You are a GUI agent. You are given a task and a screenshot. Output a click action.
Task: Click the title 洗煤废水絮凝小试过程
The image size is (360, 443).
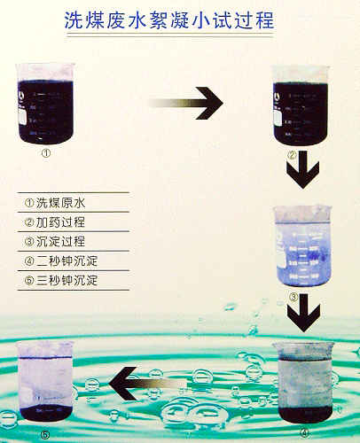pos(168,20)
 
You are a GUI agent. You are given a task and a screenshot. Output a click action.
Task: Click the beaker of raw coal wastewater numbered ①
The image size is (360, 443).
pos(45,104)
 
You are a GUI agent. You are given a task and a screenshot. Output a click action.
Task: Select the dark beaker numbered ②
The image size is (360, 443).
pos(300,105)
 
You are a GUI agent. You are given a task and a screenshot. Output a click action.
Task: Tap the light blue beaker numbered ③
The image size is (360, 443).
pos(302,246)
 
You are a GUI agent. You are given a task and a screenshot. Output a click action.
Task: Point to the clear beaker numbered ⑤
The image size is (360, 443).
pos(45,381)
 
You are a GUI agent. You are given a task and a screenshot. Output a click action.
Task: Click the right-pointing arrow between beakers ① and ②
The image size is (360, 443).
pos(185,103)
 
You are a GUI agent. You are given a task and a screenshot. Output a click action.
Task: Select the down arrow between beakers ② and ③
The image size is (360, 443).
pos(302,170)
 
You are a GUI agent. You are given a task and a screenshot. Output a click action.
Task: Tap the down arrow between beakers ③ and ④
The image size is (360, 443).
pos(303,313)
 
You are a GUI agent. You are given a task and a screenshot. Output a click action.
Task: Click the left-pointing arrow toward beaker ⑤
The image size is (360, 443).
pos(148,384)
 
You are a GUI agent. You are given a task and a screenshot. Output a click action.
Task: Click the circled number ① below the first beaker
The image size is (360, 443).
pos(46,153)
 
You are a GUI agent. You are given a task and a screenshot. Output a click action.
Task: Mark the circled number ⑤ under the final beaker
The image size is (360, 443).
pos(45,434)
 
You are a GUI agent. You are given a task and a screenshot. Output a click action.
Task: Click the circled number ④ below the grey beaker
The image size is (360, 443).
pos(304,433)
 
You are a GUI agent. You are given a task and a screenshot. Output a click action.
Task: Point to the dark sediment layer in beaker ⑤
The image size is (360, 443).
pos(45,413)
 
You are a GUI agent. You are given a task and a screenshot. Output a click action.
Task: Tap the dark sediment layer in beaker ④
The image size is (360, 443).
pos(306,414)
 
